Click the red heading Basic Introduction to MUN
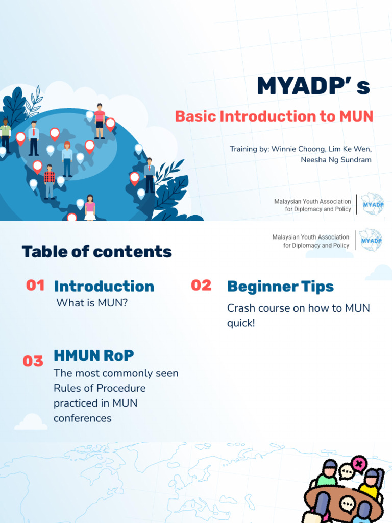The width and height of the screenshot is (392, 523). pos(274,116)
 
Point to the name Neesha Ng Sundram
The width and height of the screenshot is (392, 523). pos(336,160)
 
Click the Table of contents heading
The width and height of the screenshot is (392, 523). pos(96,252)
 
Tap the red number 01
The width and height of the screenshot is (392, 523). pos(35,285)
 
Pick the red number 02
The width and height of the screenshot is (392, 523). pos(201,286)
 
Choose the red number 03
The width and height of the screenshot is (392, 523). pos(33,361)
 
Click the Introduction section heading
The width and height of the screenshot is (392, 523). pos(104,286)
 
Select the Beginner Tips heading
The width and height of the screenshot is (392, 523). pos(280,287)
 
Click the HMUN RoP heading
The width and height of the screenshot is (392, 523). pos(93,355)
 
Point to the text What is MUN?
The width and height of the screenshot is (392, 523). pos(92,303)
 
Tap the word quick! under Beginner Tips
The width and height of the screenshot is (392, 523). pos(241,323)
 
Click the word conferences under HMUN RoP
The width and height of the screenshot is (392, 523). pos(83,418)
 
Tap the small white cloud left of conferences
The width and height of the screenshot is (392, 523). pos(31,422)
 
